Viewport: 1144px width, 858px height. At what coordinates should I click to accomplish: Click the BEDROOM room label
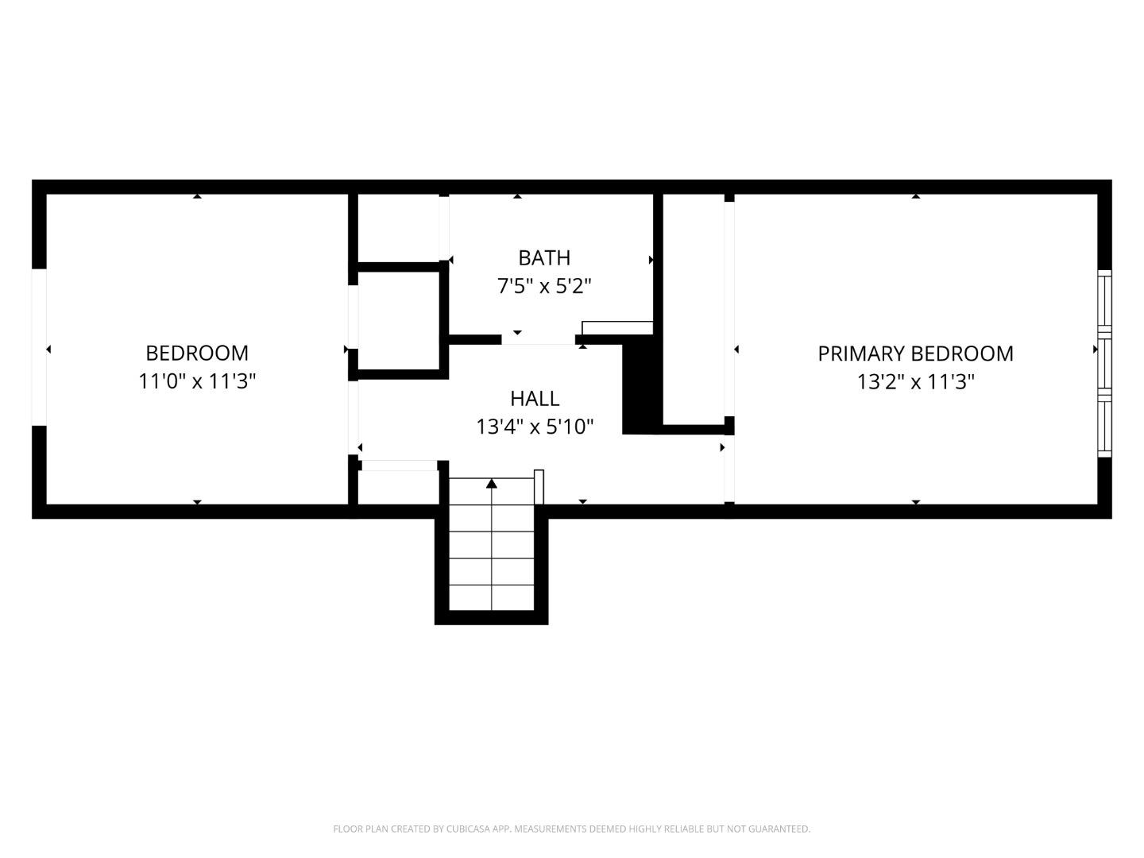click(197, 353)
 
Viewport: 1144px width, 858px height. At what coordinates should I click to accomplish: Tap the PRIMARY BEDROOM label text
click(915, 354)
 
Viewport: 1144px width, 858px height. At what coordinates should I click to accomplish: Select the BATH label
click(544, 257)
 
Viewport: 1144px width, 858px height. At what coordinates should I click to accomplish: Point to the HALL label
click(535, 398)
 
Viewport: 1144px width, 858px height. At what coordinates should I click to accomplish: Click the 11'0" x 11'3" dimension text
click(197, 381)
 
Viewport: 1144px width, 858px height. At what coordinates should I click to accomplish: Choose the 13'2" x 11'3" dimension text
click(915, 382)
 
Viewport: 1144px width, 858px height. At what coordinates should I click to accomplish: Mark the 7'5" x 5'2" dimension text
click(544, 286)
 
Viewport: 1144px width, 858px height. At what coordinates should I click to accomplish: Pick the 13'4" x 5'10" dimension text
click(535, 427)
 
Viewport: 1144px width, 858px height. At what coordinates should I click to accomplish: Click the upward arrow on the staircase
click(492, 483)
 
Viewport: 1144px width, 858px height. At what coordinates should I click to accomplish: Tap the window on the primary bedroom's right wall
click(1103, 363)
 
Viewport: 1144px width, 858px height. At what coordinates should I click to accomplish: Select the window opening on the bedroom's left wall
click(39, 347)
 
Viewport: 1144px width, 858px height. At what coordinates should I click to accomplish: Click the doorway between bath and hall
click(538, 340)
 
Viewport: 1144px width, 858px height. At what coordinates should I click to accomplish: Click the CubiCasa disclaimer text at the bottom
click(571, 829)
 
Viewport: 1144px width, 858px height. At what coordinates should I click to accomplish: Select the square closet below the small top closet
click(398, 320)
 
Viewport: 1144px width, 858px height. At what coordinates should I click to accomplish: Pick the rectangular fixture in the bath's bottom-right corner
click(617, 327)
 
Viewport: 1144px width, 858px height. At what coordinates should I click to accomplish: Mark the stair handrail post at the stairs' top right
click(539, 485)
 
